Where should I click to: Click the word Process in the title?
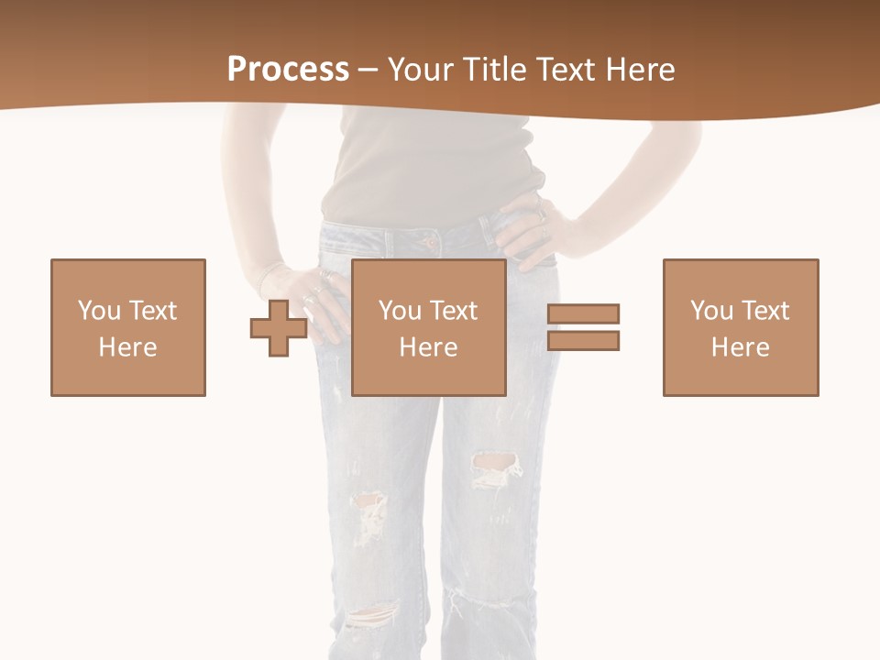pos(288,70)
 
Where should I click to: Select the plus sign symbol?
pos(279,328)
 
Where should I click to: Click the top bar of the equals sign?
pos(583,313)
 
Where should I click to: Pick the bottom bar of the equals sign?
pos(583,341)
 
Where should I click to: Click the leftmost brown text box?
pos(128,327)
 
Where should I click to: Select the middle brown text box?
pos(429,327)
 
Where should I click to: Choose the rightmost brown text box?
pos(741,327)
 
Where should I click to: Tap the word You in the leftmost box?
pos(98,311)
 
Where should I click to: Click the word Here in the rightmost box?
pos(741,347)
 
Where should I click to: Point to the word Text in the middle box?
pos(455,311)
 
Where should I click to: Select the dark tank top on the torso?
pos(431,165)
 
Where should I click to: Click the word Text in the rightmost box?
pos(766,311)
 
